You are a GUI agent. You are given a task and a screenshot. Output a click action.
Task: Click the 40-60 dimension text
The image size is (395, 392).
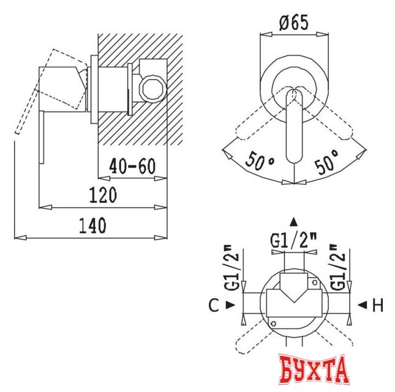pos(132,166)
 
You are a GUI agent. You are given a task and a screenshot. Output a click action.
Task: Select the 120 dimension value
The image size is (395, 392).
pos(103,195)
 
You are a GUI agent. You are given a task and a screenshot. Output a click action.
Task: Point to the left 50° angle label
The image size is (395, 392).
pos(261,163)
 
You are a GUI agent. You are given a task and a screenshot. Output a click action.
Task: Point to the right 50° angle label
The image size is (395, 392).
pos(327,163)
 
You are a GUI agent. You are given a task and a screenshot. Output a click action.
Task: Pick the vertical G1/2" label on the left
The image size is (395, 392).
pos(232,268)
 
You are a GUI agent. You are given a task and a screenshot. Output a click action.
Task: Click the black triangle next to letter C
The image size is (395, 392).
pos(230,304)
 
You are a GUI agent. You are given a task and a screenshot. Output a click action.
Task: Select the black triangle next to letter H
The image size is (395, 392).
pos(362,304)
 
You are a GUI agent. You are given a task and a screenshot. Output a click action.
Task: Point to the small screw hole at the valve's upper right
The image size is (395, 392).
pos(314,282)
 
